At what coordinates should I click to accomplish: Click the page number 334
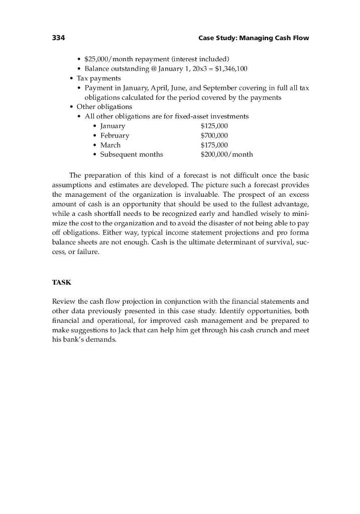tap(59, 38)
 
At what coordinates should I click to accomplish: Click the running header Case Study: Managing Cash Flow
tap(254, 38)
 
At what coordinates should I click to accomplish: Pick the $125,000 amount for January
tap(214, 125)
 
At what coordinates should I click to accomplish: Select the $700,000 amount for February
tap(214, 135)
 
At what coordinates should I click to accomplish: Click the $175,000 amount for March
tap(214, 145)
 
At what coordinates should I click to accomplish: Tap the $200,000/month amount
tap(226, 154)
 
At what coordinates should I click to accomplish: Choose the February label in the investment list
tap(114, 135)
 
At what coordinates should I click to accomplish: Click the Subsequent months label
tap(132, 154)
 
